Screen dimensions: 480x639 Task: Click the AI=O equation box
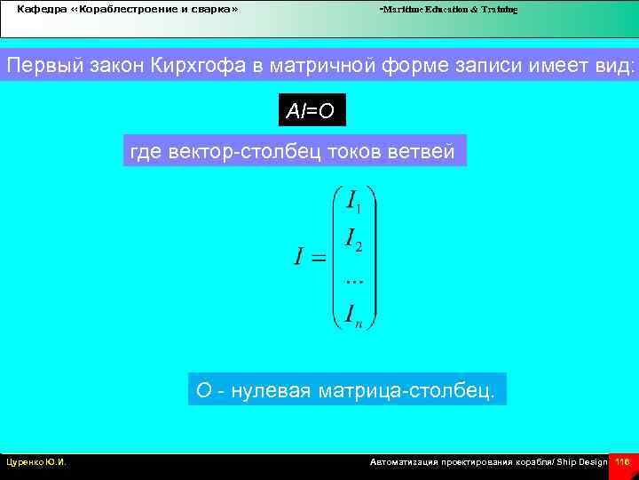(311, 111)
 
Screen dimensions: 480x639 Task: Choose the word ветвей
(422, 153)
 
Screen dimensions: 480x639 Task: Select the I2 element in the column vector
(353, 239)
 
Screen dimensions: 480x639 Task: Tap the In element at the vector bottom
(353, 315)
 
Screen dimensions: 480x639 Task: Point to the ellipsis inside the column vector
(353, 279)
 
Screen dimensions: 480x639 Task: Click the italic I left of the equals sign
(301, 258)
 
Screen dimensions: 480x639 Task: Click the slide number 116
(622, 462)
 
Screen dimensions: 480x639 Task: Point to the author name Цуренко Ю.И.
(35, 462)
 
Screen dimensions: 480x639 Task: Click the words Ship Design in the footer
(582, 462)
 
